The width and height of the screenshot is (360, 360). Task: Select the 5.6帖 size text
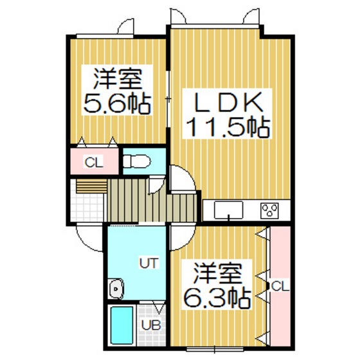[x=118, y=103]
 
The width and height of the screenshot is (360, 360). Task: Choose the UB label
[x=148, y=324]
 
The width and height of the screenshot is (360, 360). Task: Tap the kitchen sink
[x=228, y=210]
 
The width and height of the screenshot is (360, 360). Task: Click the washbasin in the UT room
[x=116, y=289]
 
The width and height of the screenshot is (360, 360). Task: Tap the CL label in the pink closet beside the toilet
[x=93, y=161]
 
